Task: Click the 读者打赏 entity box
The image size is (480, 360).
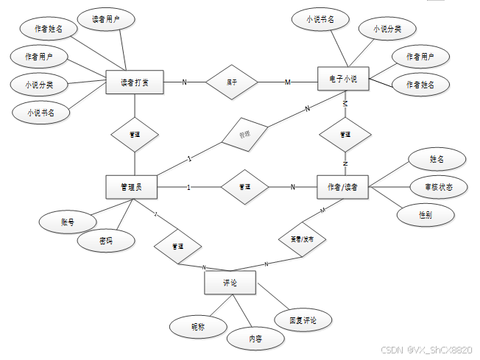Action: click(135, 82)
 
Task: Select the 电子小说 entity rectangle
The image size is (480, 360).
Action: click(343, 79)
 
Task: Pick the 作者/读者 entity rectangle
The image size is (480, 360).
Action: click(342, 187)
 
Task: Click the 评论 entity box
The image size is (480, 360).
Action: click(230, 282)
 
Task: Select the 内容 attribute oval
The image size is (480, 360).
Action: click(255, 338)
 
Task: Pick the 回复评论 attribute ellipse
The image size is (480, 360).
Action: click(303, 320)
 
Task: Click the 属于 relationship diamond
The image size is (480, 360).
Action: click(232, 81)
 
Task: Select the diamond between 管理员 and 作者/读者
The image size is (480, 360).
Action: click(245, 187)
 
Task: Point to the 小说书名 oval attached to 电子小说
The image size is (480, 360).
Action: click(320, 20)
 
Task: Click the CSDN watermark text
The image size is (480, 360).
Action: click(426, 350)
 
